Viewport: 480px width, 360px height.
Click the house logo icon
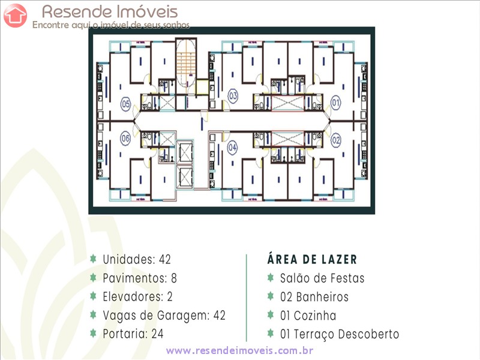point(15,15)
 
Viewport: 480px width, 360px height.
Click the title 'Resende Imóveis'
point(110,11)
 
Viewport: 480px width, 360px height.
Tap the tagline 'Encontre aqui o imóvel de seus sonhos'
point(111,25)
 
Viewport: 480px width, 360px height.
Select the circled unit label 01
point(336,104)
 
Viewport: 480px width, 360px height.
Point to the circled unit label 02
point(336,140)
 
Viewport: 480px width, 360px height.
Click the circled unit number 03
point(233,96)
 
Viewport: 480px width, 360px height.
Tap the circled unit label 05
point(125,104)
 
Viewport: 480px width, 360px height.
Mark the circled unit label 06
point(125,139)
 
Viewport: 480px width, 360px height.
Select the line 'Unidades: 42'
point(137,259)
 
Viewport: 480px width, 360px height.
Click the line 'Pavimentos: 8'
point(140,278)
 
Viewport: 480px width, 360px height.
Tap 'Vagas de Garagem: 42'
point(164,315)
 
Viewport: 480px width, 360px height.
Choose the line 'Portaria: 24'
point(133,334)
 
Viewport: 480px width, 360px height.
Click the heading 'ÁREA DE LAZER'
point(312,259)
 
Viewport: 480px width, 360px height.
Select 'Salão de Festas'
point(322,278)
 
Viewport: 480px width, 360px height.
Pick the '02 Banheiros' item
point(314,296)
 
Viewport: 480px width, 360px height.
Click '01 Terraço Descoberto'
point(340,334)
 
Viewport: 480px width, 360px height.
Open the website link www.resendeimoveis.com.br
point(240,350)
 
